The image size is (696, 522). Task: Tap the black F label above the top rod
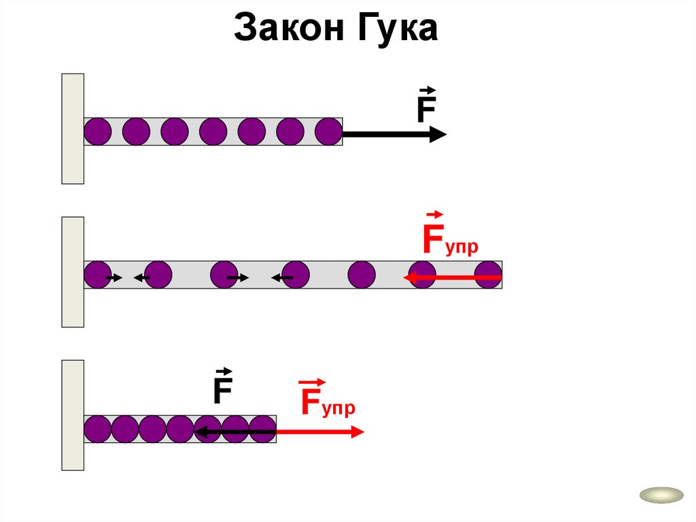(x=426, y=109)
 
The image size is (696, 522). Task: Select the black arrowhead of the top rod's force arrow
(x=438, y=135)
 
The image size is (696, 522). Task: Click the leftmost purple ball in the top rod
(x=97, y=131)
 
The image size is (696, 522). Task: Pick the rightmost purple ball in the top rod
(x=329, y=131)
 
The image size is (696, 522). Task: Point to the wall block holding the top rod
(x=73, y=129)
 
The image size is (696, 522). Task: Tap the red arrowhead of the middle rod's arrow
(x=409, y=278)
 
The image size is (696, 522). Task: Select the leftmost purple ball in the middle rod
(x=97, y=275)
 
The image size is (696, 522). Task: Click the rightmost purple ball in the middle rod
(x=489, y=275)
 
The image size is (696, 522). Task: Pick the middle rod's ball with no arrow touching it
(x=362, y=275)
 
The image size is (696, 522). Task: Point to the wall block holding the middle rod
(x=73, y=272)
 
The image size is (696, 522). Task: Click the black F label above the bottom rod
(x=223, y=391)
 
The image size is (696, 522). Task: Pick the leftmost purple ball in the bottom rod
(x=97, y=429)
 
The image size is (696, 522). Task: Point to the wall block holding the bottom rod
(x=73, y=415)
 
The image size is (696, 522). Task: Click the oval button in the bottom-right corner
(x=661, y=495)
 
